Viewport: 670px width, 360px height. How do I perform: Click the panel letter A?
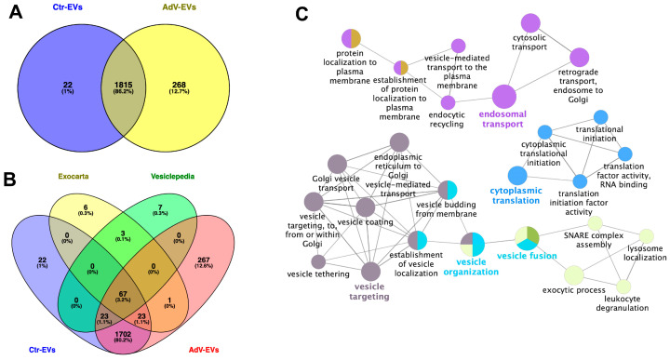16,12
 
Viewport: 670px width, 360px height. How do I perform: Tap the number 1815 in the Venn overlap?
123,85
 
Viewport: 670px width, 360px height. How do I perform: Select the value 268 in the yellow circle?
179,85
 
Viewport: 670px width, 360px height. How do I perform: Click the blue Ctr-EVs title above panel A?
68,7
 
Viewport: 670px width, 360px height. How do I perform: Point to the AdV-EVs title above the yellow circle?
179,7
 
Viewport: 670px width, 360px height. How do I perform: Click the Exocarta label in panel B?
74,176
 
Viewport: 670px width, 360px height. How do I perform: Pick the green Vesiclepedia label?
173,176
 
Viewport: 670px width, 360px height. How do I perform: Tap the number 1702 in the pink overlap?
123,334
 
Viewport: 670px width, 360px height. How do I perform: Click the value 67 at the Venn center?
123,294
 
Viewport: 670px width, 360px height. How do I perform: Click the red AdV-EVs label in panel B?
204,350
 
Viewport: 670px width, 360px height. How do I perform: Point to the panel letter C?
301,14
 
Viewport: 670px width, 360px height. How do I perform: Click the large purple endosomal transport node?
504,97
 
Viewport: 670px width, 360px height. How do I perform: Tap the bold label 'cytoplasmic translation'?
516,195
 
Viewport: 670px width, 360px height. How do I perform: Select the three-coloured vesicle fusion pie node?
527,238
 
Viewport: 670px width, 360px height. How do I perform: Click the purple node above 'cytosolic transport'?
530,23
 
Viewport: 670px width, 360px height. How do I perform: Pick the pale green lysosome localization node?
647,236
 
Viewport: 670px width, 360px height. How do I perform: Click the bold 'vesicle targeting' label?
369,292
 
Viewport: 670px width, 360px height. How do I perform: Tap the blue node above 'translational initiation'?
601,117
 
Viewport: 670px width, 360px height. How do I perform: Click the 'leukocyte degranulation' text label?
623,303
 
